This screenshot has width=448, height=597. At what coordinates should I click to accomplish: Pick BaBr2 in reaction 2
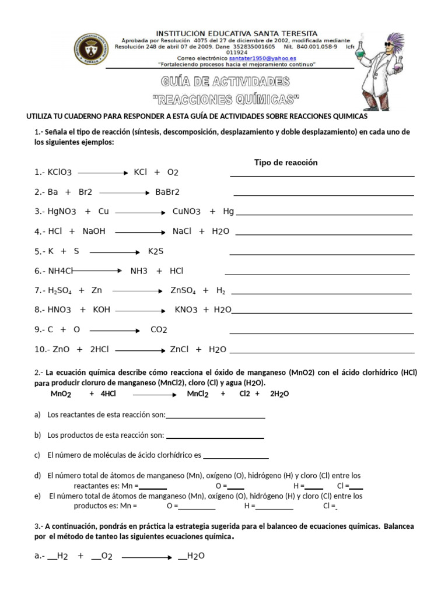pos(167,192)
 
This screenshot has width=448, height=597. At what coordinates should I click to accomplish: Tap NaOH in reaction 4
pos(94,231)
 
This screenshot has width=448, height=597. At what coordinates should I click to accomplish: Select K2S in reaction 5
pos(156,251)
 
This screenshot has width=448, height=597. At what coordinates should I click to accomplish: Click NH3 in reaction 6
pos(139,271)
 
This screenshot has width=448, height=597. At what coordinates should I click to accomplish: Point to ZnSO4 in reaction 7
pos(183,290)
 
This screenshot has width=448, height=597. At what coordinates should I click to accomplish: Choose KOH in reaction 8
pos(101,310)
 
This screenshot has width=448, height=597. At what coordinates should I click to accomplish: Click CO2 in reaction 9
pos(159,330)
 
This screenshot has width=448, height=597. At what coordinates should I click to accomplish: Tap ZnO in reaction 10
pos(61,350)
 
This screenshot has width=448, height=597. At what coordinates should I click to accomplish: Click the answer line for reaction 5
pos(322,254)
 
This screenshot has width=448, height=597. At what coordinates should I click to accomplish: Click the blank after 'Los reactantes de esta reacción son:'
pos(215,416)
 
